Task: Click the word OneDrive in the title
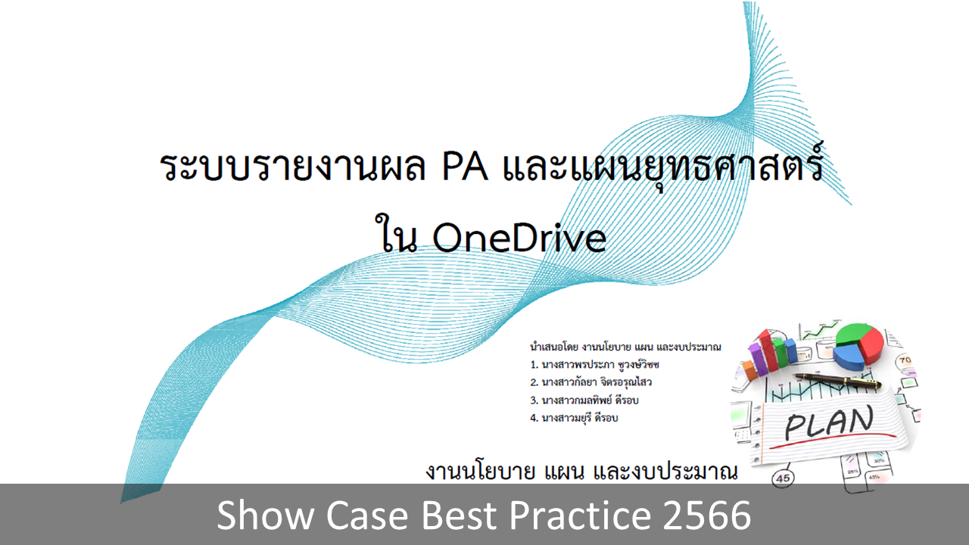(519, 238)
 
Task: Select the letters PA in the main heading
(465, 167)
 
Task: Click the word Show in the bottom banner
(265, 515)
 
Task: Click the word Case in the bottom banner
(367, 515)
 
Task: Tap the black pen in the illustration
(837, 381)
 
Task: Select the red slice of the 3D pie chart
(871, 346)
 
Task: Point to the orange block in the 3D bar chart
(749, 370)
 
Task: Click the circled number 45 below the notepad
(783, 478)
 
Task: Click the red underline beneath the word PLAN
(833, 441)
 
